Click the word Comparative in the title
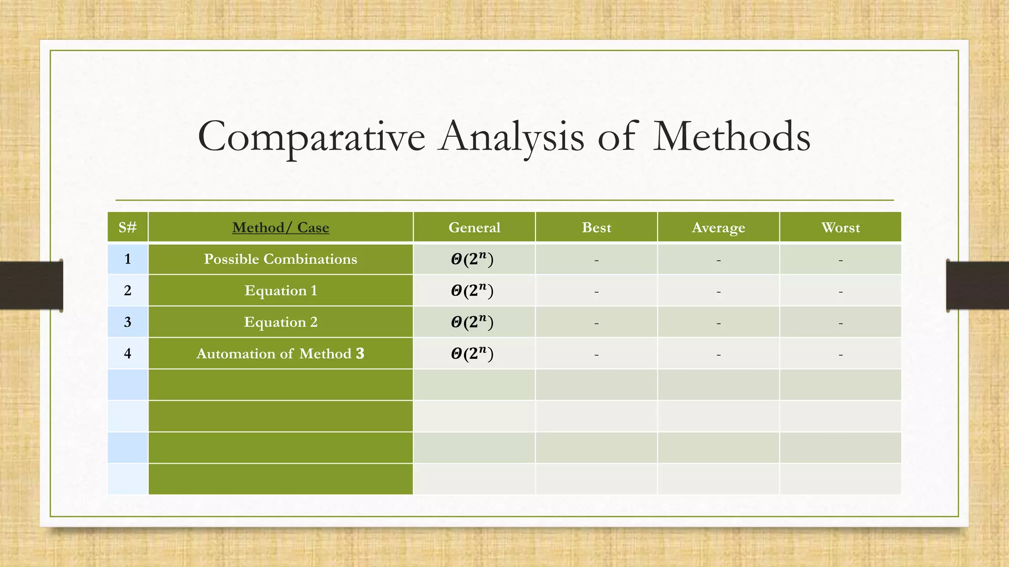pyautogui.click(x=311, y=137)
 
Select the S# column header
pyautogui.click(x=128, y=227)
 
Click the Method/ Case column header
pyautogui.click(x=280, y=227)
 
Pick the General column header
pyautogui.click(x=474, y=227)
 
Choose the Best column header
pyautogui.click(x=596, y=227)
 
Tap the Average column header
pyautogui.click(x=718, y=227)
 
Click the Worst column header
pyautogui.click(x=841, y=227)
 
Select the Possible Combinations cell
pyautogui.click(x=280, y=259)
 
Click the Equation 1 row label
pyautogui.click(x=280, y=290)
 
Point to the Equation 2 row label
pyautogui.click(x=280, y=322)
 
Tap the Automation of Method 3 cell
pyautogui.click(x=280, y=353)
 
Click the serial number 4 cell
pyautogui.click(x=128, y=353)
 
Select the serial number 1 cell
pyautogui.click(x=128, y=259)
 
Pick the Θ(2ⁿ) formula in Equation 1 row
pyautogui.click(x=472, y=290)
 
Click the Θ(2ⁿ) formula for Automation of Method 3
pyautogui.click(x=472, y=353)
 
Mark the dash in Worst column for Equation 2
pyautogui.click(x=841, y=323)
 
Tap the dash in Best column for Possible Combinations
pyautogui.click(x=596, y=260)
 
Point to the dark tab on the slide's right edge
pyautogui.click(x=977, y=285)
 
